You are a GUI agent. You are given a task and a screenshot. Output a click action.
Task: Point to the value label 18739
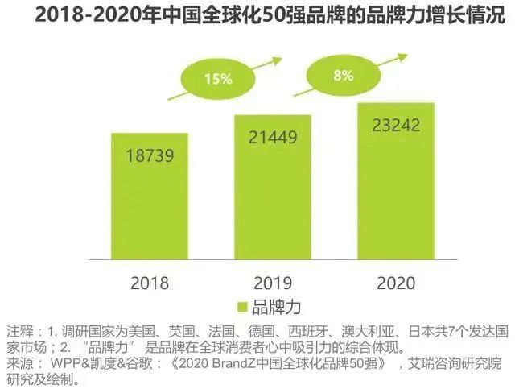[150, 154]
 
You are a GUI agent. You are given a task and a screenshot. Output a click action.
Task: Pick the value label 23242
[395, 125]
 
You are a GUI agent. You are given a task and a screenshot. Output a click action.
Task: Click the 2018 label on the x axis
[150, 283]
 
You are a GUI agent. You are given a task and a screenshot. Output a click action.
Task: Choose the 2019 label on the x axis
[272, 283]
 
